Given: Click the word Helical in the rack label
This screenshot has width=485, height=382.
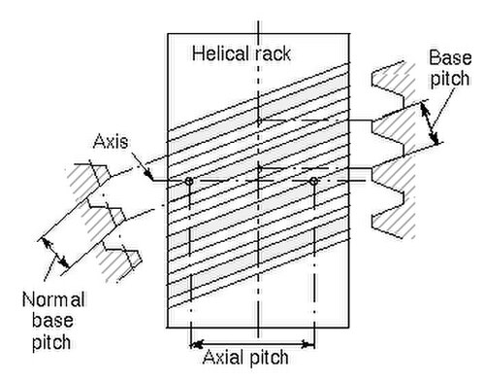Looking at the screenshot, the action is (221, 53).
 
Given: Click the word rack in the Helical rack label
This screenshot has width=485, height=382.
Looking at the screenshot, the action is (273, 54).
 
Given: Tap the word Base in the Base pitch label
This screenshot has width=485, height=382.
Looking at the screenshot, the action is (450, 58).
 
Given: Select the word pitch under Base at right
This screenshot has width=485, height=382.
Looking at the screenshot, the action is (449, 79).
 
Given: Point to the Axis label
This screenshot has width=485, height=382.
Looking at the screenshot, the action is (111, 142).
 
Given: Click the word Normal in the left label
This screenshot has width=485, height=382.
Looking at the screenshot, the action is (53, 299).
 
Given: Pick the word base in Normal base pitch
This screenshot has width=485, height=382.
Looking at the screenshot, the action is (52, 321).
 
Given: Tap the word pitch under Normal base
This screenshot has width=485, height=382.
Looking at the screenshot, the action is (51, 342).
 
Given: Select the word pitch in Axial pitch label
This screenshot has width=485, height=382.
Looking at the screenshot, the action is (268, 358).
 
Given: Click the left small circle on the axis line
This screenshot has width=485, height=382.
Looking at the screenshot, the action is (189, 181).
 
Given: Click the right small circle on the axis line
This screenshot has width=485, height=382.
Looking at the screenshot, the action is (313, 181).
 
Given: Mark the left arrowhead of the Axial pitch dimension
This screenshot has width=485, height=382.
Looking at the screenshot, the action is (197, 344).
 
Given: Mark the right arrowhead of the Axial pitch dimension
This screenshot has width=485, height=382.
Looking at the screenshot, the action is (307, 344).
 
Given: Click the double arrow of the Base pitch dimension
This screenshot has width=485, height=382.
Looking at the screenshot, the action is (430, 122).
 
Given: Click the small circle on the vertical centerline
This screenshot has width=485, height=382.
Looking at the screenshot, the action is (259, 121).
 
